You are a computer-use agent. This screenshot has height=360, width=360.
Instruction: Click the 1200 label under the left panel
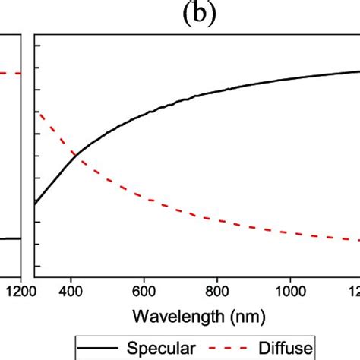pos(13,291)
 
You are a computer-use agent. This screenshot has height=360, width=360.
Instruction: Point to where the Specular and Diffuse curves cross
pos(76,156)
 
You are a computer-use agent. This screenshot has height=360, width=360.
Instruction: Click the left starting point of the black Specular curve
pos(36,204)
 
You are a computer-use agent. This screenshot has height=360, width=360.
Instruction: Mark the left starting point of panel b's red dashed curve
pos(36,112)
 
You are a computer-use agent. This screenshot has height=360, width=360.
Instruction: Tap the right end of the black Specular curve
pos(358,72)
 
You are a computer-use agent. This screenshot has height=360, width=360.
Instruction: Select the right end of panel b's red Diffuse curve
pos(358,240)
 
